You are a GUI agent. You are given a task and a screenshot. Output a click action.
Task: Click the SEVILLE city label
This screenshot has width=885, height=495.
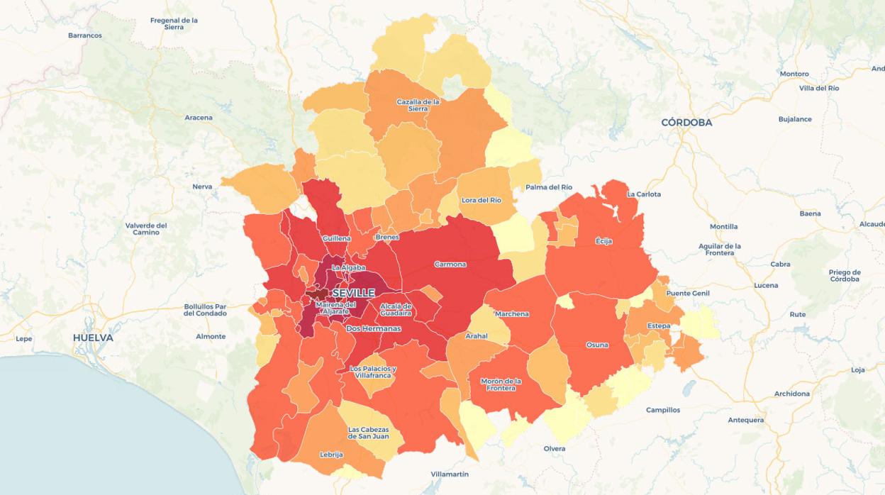tap(353, 293)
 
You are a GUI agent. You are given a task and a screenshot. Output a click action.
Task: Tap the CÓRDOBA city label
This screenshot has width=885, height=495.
tap(686, 123)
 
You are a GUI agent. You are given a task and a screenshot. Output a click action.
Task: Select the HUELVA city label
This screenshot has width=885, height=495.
tap(93, 338)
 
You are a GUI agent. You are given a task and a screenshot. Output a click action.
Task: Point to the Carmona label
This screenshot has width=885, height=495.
tap(450, 265)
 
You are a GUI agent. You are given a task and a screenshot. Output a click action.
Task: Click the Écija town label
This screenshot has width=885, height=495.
tap(603, 241)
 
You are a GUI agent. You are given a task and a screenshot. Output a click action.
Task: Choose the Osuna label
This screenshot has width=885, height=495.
tap(597, 345)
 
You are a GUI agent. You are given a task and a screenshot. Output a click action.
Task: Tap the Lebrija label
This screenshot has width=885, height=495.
tap(331, 455)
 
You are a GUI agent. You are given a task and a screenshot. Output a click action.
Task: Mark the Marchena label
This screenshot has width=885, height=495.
tap(512, 314)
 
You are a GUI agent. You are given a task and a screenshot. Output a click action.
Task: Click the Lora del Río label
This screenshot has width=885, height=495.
tap(482, 200)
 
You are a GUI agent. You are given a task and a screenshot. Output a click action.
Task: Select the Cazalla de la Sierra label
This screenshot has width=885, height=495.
tap(418, 105)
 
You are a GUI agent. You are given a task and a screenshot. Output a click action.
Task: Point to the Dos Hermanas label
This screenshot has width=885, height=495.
tap(373, 329)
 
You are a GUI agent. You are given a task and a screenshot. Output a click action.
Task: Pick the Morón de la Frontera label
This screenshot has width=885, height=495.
tap(501, 384)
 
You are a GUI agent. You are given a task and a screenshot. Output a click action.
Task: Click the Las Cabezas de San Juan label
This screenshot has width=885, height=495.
tap(368, 433)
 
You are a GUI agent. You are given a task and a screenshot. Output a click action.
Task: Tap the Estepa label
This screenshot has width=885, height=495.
tap(659, 326)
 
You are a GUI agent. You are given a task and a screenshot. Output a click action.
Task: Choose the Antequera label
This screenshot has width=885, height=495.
tap(745, 420)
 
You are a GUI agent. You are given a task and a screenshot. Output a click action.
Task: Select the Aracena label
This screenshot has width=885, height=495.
tap(199, 118)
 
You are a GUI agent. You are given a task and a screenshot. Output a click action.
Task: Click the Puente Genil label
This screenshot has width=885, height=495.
tap(688, 294)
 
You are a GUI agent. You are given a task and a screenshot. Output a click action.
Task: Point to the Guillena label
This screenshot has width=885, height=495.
tap(336, 239)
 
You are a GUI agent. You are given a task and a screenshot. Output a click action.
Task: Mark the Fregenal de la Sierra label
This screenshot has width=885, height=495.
tap(174, 23)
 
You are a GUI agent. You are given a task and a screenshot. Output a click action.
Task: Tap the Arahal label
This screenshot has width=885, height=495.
tap(477, 336)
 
